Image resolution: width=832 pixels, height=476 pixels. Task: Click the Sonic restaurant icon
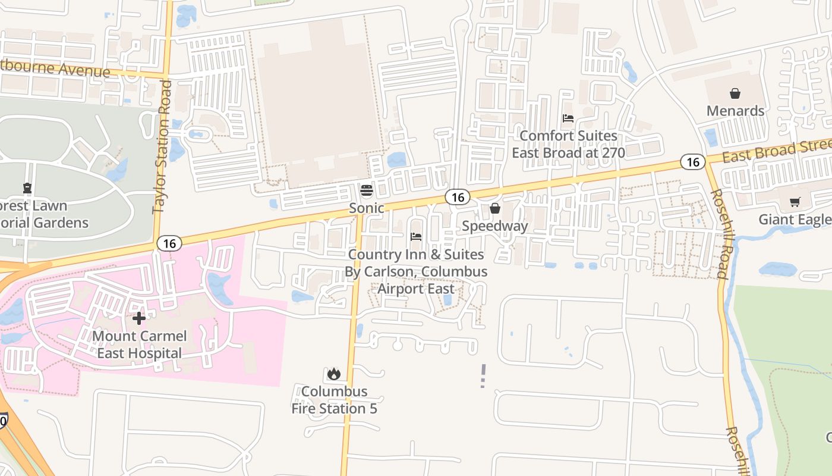(367, 191)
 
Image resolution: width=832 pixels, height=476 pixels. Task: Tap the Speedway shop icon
(494, 208)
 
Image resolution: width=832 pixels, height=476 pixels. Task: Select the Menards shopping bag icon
(735, 93)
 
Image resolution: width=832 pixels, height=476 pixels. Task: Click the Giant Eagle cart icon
(795, 202)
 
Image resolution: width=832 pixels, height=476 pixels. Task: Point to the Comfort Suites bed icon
(568, 118)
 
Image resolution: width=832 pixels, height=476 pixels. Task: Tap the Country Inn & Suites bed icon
(416, 237)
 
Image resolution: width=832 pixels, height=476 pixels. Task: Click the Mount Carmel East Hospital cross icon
(139, 318)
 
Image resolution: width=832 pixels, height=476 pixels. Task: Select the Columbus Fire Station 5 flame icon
(333, 374)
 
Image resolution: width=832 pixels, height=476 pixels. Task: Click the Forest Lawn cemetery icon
(27, 189)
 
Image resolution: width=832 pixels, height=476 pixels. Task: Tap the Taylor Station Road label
(162, 146)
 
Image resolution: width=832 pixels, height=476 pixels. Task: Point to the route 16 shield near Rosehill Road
(692, 162)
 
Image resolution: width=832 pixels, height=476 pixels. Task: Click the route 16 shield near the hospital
(169, 243)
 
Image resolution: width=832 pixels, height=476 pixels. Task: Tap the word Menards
(735, 111)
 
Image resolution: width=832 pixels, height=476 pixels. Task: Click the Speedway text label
(494, 226)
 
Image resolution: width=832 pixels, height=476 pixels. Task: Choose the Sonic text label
(366, 208)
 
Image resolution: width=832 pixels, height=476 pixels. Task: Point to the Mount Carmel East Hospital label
(140, 345)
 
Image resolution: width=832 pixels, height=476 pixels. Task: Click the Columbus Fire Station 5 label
(334, 400)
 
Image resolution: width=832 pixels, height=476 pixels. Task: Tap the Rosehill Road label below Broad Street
(720, 233)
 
